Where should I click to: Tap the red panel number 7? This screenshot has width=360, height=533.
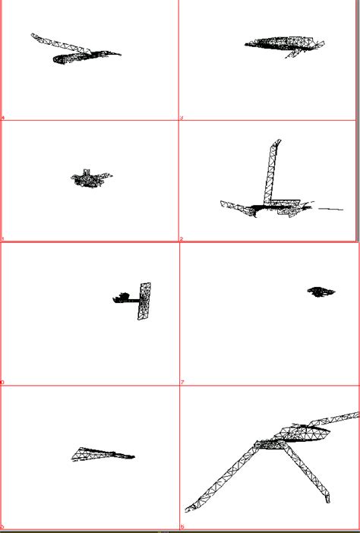pos(182,383)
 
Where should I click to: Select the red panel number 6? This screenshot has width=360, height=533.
pos(182,526)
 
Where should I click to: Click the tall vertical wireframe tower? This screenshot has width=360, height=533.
pos(270,172)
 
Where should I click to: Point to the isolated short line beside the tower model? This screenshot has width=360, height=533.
pos(330,208)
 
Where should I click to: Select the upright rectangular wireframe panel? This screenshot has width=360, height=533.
pos(144,301)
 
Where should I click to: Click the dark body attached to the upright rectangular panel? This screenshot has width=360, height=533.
pos(123,298)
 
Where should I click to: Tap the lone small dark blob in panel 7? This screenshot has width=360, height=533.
pos(321,291)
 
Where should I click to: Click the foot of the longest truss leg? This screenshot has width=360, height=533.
pos(189,507)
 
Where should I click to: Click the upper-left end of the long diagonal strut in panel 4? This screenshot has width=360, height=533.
pos(34,35)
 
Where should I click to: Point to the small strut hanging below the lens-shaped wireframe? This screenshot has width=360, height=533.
pos(292,54)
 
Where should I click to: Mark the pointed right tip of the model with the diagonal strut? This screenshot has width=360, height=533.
pos(118,54)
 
